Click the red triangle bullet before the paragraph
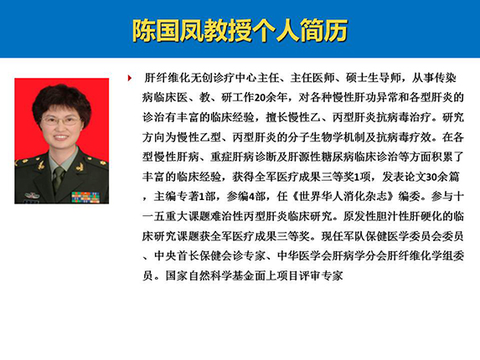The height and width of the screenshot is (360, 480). [x=130, y=78]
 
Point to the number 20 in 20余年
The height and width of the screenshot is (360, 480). [x=260, y=98]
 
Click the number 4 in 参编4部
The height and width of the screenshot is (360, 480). [x=251, y=197]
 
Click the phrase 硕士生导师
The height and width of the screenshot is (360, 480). [x=373, y=78]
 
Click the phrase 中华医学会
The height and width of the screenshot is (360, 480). [x=304, y=256]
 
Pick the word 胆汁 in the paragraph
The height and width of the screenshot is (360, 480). [x=387, y=217]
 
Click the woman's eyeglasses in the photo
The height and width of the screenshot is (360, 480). [x=60, y=120]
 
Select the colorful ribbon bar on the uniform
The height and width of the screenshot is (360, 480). [x=85, y=198]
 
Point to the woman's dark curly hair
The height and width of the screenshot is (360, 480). [x=61, y=95]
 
